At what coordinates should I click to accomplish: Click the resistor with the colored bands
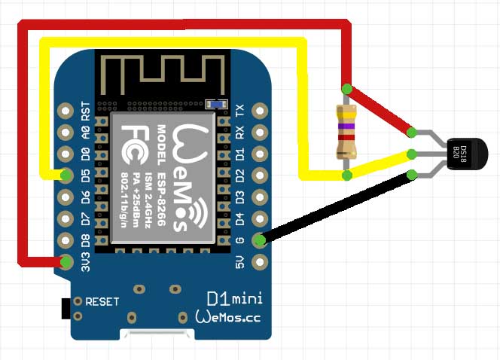pos(346,132)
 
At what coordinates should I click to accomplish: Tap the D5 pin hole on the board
pos(67,176)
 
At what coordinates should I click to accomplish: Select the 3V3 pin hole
pos(67,262)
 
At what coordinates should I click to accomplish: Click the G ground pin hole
pos(260,241)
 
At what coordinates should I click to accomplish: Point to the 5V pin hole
pos(260,262)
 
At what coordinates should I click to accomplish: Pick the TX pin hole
pos(260,110)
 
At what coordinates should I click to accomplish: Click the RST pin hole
pos(67,110)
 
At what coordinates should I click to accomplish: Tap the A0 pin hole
pos(67,132)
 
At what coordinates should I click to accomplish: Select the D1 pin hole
pos(260,154)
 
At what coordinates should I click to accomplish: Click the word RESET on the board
pos(102,301)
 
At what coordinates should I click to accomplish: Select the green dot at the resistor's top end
pos(346,89)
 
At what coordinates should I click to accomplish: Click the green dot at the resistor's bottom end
pos(346,175)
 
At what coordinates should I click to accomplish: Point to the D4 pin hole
pos(260,219)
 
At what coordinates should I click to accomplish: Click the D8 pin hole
pos(67,241)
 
